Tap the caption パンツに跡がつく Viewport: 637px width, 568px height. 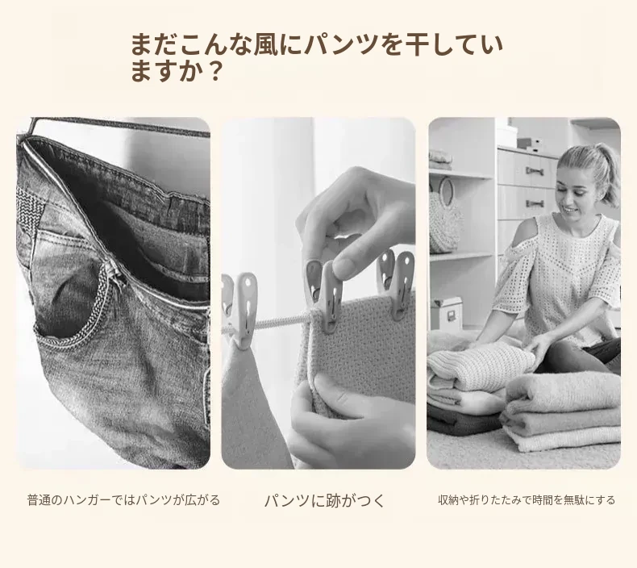point(324,500)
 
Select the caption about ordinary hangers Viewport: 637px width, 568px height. point(123,499)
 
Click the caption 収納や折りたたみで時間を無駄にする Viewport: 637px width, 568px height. point(527,499)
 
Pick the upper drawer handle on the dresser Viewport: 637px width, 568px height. point(535,171)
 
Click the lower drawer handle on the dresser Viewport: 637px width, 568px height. point(535,203)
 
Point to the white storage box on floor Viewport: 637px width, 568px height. point(446,313)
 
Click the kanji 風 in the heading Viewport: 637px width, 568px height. point(266,44)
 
